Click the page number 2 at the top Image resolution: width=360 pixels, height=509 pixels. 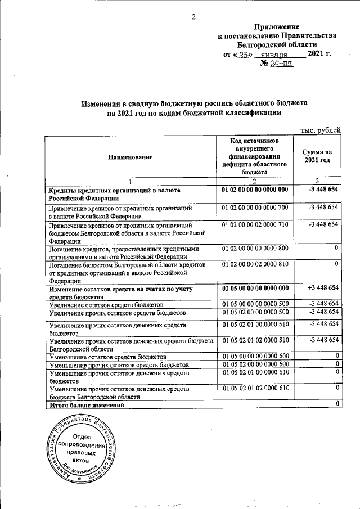pyautogui.click(x=193, y=16)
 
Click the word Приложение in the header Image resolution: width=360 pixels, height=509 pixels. pyautogui.click(x=277, y=26)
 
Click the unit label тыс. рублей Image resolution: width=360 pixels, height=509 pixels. pyautogui.click(x=321, y=130)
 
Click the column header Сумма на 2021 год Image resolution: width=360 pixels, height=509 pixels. pyautogui.click(x=317, y=157)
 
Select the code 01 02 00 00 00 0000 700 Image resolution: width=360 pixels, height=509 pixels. pyautogui.click(x=255, y=208)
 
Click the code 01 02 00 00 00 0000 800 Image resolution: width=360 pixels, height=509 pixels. pyautogui.click(x=255, y=248)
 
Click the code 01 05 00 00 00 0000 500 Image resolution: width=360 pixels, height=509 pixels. pyautogui.click(x=255, y=304)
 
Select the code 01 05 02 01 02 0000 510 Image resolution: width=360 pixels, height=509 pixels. pyautogui.click(x=255, y=340)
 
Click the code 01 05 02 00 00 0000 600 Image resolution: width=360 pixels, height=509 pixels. pyautogui.click(x=255, y=365)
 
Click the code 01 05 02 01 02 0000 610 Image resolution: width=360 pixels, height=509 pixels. pyautogui.click(x=255, y=389)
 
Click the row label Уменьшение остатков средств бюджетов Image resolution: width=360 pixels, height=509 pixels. pyautogui.click(x=107, y=357)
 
